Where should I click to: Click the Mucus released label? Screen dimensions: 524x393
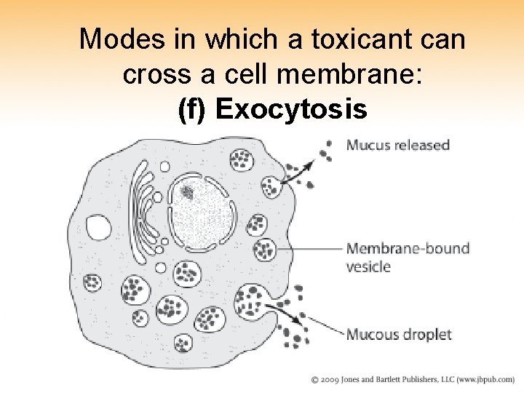coord(397,145)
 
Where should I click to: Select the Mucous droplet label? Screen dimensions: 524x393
coord(398,335)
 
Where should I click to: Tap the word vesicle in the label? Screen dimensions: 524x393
coord(368,266)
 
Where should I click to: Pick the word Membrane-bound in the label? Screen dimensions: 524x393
coord(408,248)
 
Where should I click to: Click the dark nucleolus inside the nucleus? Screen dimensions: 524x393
coord(188,193)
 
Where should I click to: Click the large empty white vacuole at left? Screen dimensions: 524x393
coord(99,228)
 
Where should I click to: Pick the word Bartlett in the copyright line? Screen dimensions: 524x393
coord(392,380)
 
